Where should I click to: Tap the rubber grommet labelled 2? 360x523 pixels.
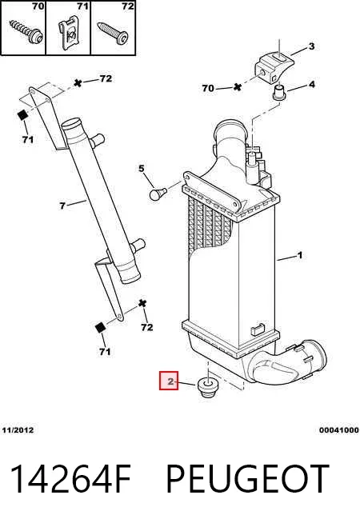[207, 387]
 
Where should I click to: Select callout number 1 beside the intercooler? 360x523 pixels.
[300, 255]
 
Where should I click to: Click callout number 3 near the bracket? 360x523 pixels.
[311, 46]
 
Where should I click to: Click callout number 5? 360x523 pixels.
[142, 169]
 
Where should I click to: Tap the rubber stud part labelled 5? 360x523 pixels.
[158, 194]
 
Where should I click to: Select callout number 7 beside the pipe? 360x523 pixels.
[62, 206]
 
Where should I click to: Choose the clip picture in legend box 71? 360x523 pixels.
[70, 33]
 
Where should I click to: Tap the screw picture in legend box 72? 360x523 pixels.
[113, 33]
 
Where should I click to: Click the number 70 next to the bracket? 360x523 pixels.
[208, 88]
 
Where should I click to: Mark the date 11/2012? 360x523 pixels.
[18, 430]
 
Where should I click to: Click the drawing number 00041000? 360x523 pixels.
[338, 430]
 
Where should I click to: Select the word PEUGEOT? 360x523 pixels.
[247, 478]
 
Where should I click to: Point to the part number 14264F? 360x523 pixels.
[70, 478]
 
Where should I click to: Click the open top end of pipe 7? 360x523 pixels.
[71, 124]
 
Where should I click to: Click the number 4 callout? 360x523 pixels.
[312, 84]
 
